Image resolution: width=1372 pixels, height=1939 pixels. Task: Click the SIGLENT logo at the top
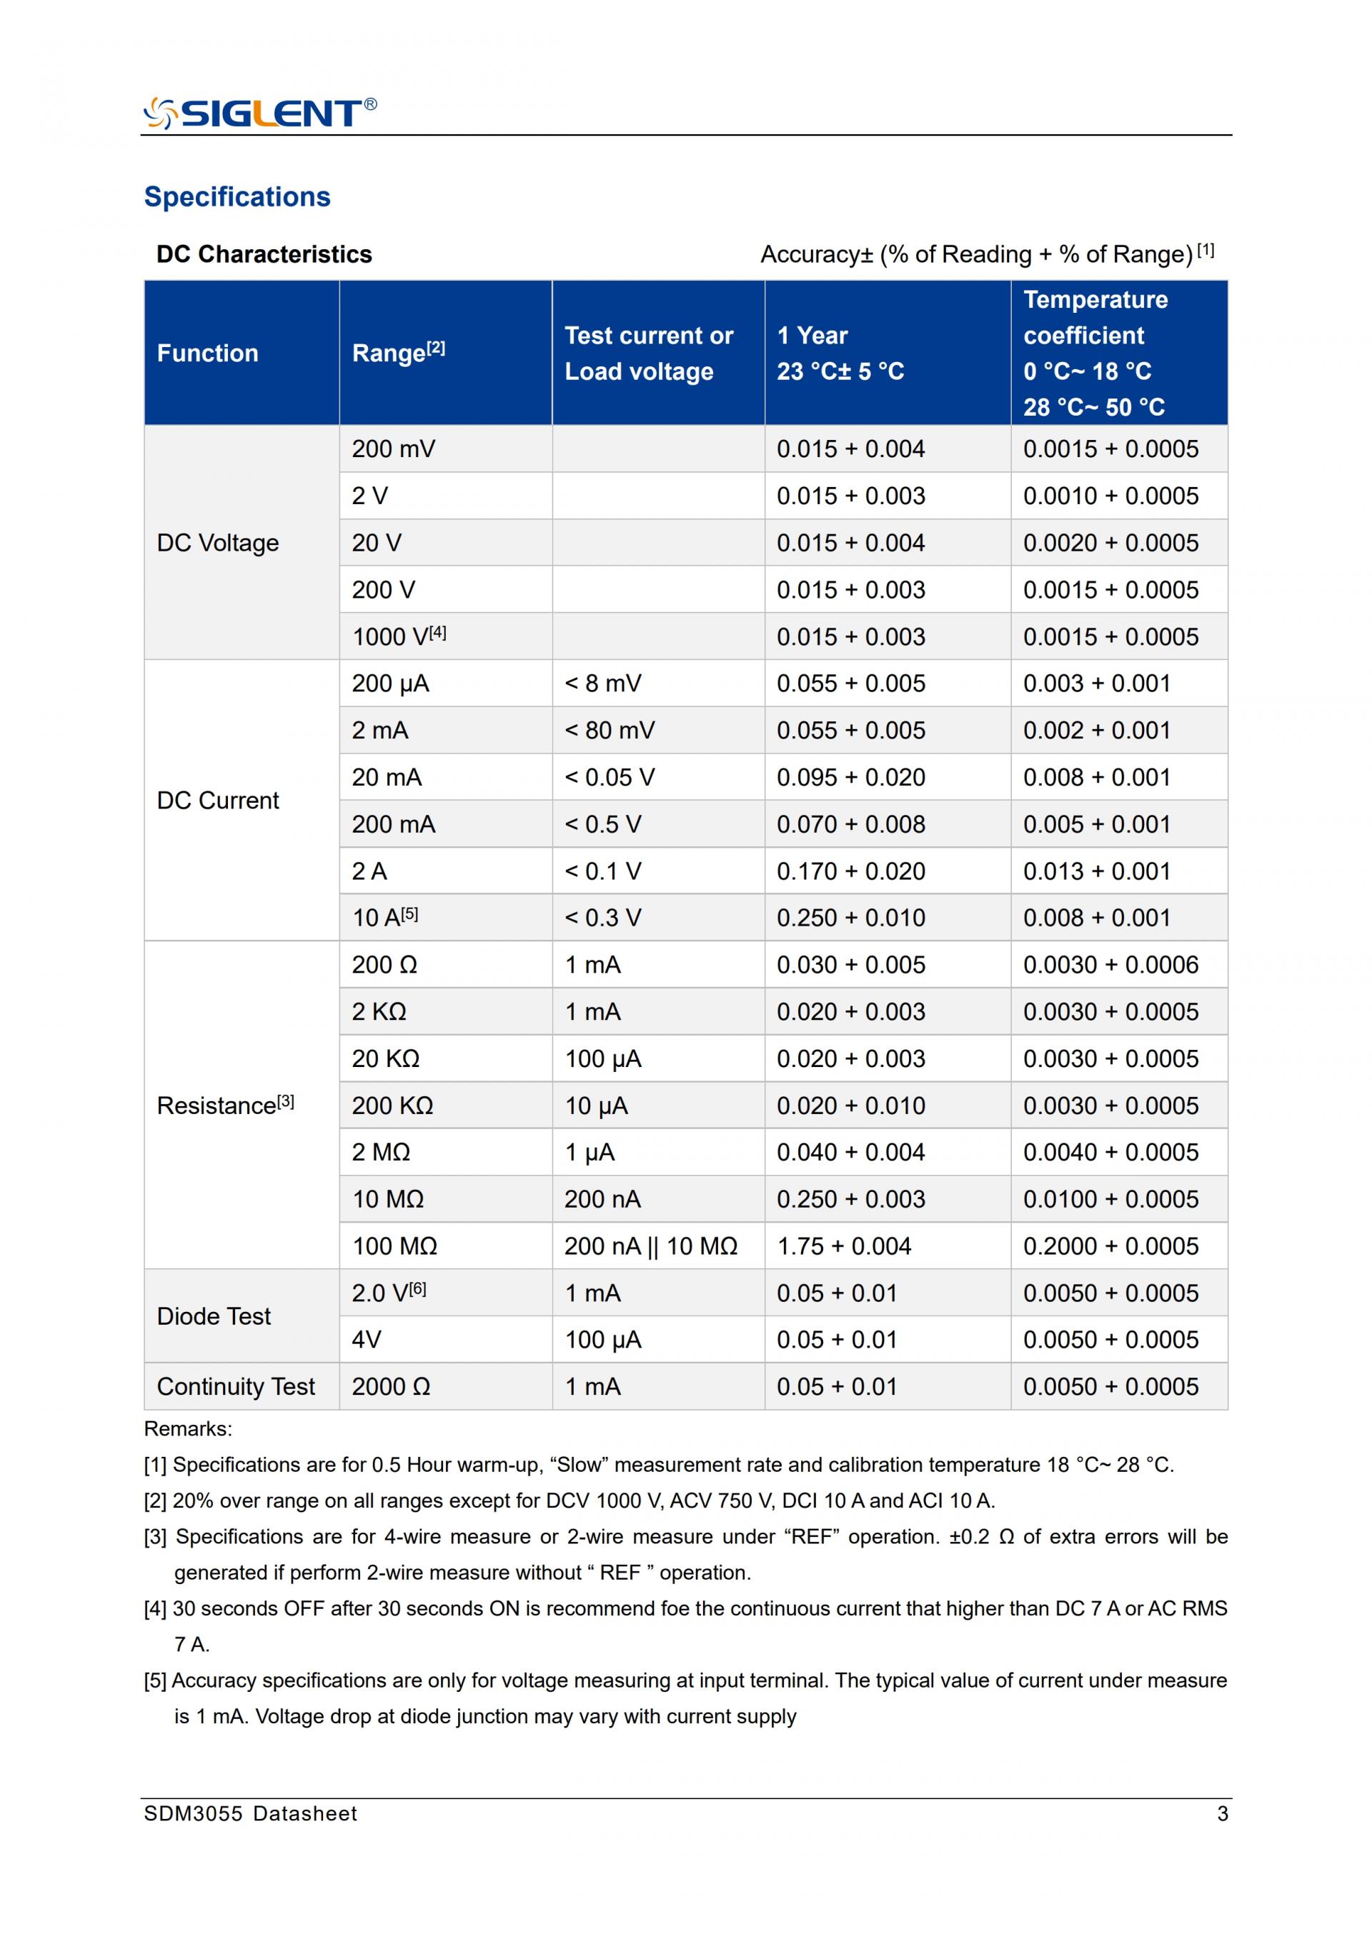(x=260, y=112)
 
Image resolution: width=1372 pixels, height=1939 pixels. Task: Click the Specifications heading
(x=237, y=197)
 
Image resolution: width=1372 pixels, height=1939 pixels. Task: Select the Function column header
(x=208, y=353)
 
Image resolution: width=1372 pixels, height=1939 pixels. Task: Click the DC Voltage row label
(x=218, y=543)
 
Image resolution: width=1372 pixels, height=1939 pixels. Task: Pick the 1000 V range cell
(x=399, y=637)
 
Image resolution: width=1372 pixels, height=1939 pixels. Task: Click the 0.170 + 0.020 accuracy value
(x=851, y=871)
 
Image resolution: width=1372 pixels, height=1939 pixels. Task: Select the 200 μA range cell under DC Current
(x=390, y=683)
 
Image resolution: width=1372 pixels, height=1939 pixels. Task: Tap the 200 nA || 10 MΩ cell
(x=650, y=1246)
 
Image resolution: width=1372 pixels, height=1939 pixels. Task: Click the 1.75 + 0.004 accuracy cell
(x=844, y=1246)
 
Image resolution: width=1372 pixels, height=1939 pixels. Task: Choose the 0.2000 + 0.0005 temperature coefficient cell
(x=1110, y=1246)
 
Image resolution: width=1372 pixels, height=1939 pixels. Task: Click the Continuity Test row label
(x=236, y=1387)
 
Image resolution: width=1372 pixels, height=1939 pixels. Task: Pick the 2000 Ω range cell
(x=391, y=1387)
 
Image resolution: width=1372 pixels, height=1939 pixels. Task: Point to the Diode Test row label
(x=214, y=1317)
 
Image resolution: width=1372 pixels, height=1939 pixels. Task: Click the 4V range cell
(x=367, y=1341)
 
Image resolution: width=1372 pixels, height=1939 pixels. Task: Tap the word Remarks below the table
(x=187, y=1429)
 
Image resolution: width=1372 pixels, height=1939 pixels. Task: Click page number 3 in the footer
(x=1222, y=1814)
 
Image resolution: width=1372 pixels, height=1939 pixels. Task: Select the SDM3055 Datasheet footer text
(x=250, y=1814)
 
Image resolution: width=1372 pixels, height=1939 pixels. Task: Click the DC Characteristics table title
(x=264, y=254)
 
